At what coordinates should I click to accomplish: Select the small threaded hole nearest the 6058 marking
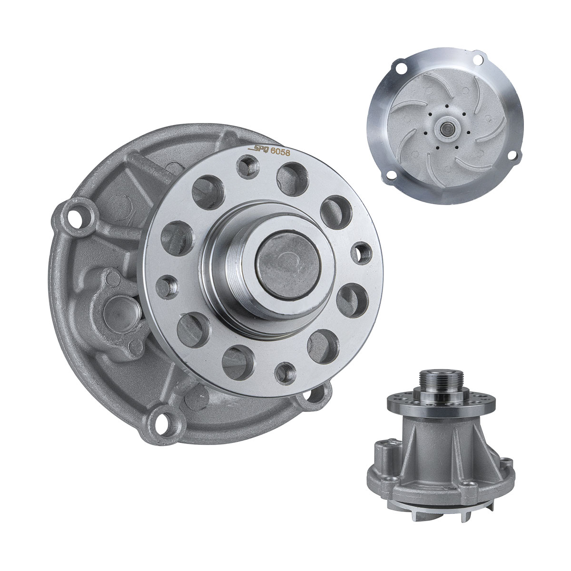[248, 167]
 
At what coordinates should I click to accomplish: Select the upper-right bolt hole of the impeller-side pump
[477, 59]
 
